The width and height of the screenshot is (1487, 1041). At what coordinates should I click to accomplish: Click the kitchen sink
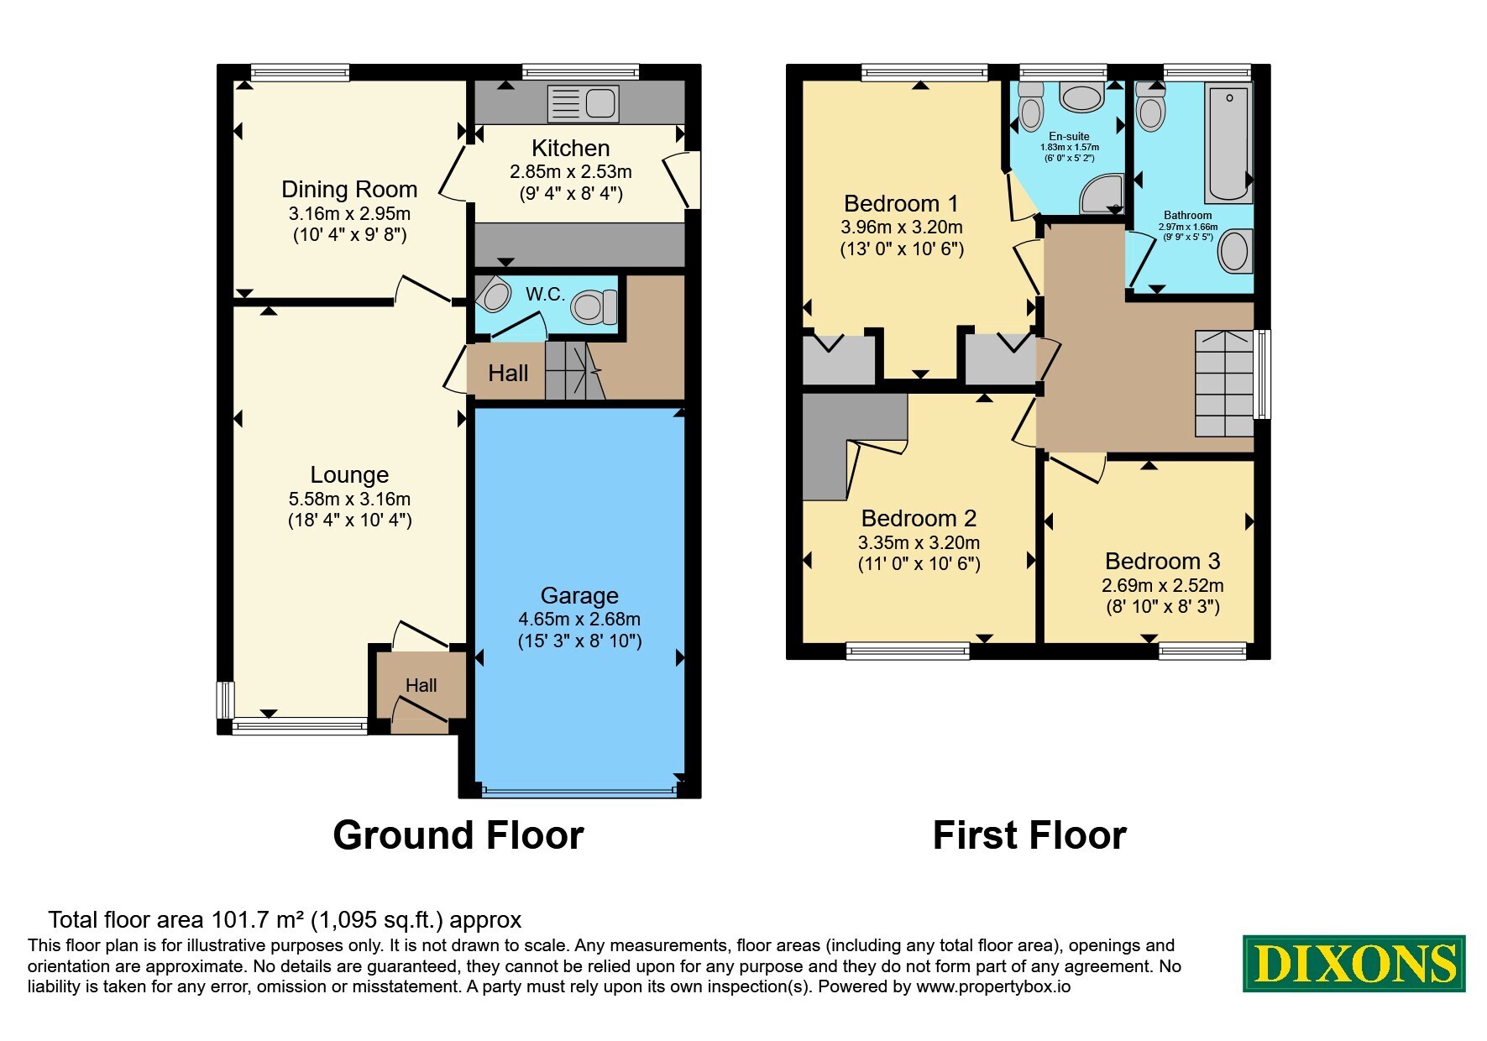(583, 103)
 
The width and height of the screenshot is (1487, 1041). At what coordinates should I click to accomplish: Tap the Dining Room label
(349, 189)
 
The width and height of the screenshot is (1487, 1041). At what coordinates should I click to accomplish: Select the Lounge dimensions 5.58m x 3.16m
(349, 500)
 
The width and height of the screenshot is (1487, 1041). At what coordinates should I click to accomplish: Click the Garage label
(579, 595)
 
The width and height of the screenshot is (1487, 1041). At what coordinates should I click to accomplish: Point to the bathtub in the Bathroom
(1228, 143)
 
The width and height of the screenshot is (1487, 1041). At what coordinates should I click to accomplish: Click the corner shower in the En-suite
(1101, 194)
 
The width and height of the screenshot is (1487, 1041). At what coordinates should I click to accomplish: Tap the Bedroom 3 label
(1162, 561)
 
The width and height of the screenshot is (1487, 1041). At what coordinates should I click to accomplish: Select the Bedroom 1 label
(901, 203)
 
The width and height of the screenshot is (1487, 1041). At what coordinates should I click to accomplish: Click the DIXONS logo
(1353, 964)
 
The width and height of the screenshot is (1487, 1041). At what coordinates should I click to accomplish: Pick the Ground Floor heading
(458, 835)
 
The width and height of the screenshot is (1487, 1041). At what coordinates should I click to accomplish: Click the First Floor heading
(1029, 835)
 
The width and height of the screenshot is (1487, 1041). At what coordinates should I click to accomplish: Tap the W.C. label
(545, 294)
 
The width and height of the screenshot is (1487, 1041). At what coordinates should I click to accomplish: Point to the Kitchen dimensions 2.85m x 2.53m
(571, 172)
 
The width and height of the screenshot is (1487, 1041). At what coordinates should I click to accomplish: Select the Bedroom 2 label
(919, 518)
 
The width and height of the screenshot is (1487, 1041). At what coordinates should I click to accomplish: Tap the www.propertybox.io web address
(993, 987)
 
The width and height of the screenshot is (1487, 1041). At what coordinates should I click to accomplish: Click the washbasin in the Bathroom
(1234, 251)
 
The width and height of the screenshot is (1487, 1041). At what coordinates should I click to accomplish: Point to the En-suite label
(1069, 136)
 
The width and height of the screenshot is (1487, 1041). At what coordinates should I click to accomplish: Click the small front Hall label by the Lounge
(421, 685)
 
